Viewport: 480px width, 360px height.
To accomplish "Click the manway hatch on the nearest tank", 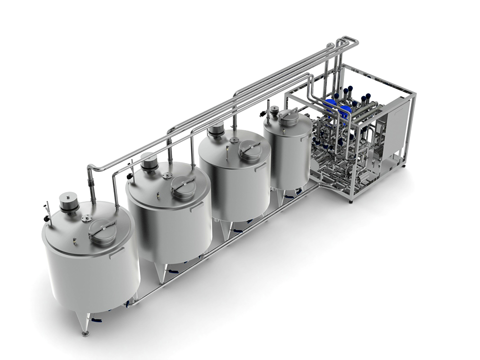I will click(x=102, y=232).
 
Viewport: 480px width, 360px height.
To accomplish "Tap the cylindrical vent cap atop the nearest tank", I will click(x=68, y=201).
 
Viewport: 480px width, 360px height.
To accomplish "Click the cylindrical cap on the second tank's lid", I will click(x=149, y=160).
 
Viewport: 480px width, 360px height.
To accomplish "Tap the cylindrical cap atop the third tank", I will click(x=216, y=130).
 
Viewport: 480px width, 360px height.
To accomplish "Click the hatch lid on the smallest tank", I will click(x=288, y=117).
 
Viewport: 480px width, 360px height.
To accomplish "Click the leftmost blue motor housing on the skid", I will click(x=330, y=104).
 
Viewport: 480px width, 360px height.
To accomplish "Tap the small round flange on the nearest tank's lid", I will click(x=87, y=218).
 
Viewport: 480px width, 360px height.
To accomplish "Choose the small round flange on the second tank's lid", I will click(x=167, y=175).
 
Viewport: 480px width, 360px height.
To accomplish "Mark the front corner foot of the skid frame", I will click(x=350, y=200).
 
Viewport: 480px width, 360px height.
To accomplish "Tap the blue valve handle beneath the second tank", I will click(x=173, y=271).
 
